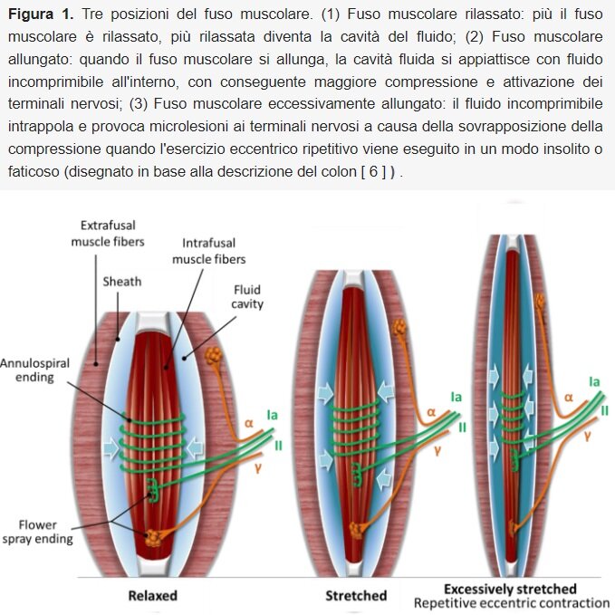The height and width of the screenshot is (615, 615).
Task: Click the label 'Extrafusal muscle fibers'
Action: tap(108, 233)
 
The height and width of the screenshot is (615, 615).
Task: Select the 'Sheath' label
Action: tap(122, 281)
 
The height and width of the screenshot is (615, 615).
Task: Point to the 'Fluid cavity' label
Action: tap(246, 297)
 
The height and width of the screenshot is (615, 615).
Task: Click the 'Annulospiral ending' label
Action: tap(28, 370)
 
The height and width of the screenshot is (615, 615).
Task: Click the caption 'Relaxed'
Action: tap(152, 595)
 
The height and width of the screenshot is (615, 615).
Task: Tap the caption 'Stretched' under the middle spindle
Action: tap(356, 595)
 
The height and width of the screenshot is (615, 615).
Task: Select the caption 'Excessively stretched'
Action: tap(510, 589)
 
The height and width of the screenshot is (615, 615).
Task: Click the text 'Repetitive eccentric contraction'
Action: tap(512, 603)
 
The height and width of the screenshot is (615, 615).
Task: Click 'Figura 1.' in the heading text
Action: tap(41, 18)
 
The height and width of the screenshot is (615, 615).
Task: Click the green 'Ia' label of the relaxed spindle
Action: tap(271, 414)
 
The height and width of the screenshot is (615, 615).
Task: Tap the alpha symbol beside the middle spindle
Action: tap(431, 410)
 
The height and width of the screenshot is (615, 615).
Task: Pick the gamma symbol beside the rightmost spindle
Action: tap(587, 436)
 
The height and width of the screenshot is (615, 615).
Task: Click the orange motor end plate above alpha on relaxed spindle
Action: tap(216, 358)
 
